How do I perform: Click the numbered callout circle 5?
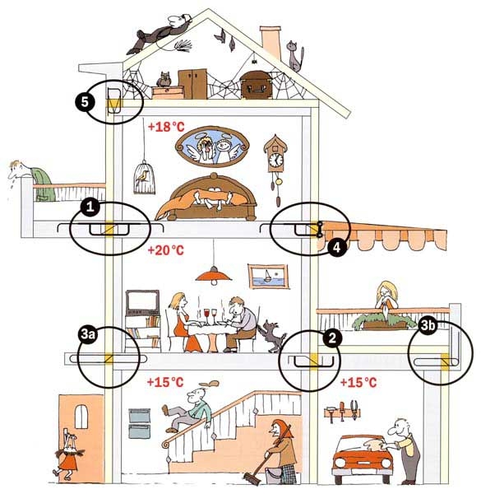tap(85, 102)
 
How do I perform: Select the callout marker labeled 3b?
tap(428, 325)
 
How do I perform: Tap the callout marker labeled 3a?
tap(87, 334)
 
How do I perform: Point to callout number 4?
tap(336, 248)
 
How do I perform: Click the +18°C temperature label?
tap(166, 127)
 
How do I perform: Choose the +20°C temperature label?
tap(165, 250)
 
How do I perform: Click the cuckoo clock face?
tap(276, 160)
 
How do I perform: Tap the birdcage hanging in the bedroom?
tap(144, 177)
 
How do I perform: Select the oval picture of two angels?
tap(212, 147)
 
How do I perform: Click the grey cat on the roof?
tap(295, 56)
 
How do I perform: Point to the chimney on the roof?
tap(271, 43)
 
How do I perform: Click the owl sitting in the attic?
tap(164, 79)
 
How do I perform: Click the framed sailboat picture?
tap(268, 276)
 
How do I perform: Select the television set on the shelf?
tap(142, 302)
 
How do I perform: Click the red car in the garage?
tap(363, 459)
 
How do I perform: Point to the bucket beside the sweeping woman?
tap(273, 476)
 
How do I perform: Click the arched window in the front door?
tap(81, 417)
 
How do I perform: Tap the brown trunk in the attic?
tap(256, 85)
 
